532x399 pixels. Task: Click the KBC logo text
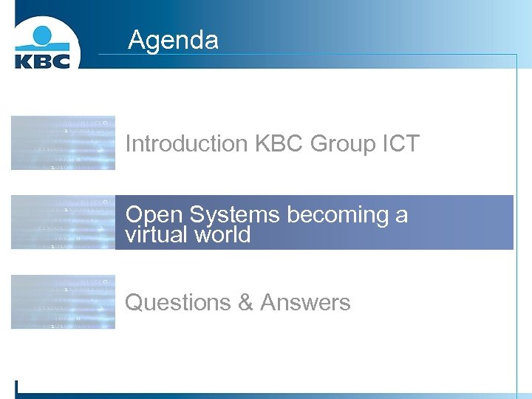pyautogui.click(x=42, y=60)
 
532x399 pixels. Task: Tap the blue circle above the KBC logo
pyautogui.click(x=42, y=34)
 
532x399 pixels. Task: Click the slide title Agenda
pyautogui.click(x=173, y=39)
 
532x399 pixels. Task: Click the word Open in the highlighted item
pyautogui.click(x=154, y=214)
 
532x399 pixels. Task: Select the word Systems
pyautogui.click(x=234, y=215)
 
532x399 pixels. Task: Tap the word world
pyautogui.click(x=221, y=235)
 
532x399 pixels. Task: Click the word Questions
pyautogui.click(x=178, y=302)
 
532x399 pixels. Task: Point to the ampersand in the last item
pyautogui.click(x=245, y=302)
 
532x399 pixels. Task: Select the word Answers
pyautogui.click(x=305, y=302)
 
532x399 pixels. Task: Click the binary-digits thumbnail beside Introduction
pyautogui.click(x=63, y=143)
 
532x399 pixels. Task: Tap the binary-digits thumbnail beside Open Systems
pyautogui.click(x=63, y=222)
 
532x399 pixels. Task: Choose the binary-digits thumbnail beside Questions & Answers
pyautogui.click(x=63, y=301)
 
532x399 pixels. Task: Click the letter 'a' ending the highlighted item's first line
pyautogui.click(x=401, y=216)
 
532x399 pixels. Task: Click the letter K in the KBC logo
pyautogui.click(x=24, y=60)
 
